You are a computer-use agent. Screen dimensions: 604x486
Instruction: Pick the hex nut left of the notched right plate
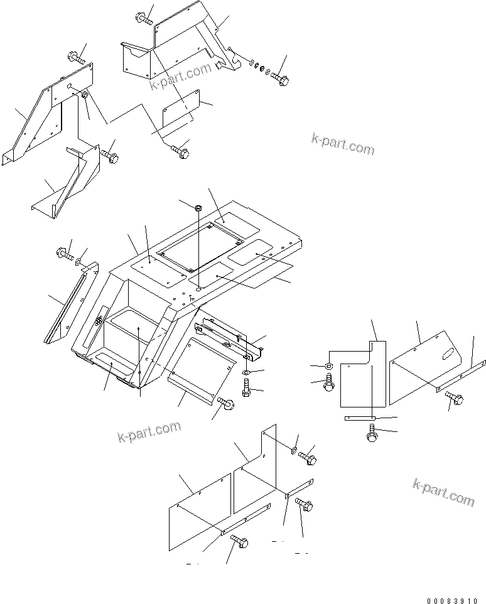tap(330, 366)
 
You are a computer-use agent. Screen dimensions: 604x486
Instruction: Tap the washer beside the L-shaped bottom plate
tap(294, 450)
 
